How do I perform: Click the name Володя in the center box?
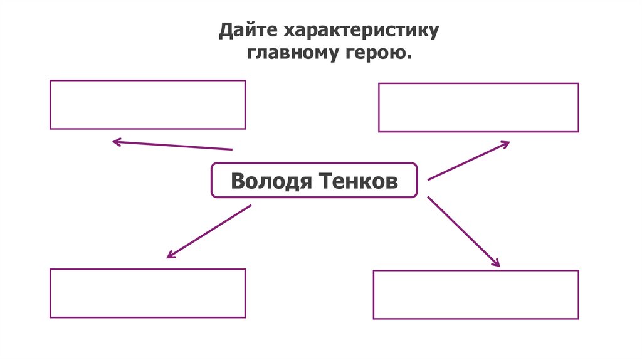(x=271, y=181)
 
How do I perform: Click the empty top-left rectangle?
(x=147, y=105)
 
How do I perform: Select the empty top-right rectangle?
(x=478, y=107)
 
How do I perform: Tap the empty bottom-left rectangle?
(x=147, y=293)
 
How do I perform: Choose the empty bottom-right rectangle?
(x=476, y=295)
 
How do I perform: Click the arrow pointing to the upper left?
(x=172, y=146)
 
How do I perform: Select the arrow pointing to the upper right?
(x=468, y=161)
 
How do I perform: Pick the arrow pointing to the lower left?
(x=209, y=231)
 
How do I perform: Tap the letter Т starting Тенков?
(x=326, y=181)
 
